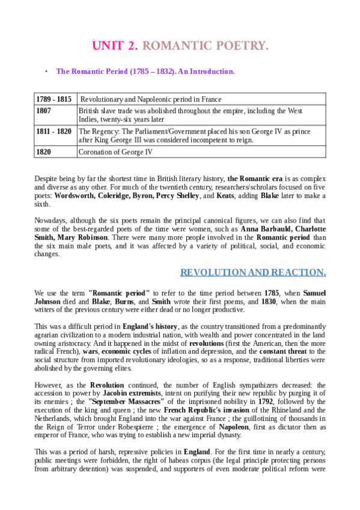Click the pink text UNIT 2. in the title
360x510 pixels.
(115, 46)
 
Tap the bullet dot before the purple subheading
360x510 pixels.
(46, 72)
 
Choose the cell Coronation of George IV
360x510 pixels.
(115, 152)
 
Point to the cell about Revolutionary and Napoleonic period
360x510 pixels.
(151, 99)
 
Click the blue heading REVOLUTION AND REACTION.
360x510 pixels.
(253, 272)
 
